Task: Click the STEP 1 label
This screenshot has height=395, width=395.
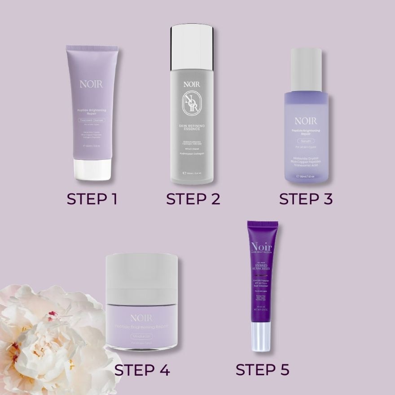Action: tap(92, 198)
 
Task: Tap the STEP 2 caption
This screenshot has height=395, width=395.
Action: tap(193, 198)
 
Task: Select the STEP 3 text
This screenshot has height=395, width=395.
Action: tap(306, 198)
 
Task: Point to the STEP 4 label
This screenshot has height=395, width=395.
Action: tap(142, 370)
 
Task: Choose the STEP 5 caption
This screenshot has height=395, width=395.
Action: tap(262, 369)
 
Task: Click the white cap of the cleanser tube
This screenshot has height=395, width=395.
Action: tap(92, 170)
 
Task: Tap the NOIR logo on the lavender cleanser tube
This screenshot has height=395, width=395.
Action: tap(92, 84)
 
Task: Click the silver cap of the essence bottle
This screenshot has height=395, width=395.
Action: tap(192, 47)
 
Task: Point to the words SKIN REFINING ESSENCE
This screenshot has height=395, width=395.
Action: tap(192, 127)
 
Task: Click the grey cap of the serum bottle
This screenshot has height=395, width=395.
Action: tap(306, 70)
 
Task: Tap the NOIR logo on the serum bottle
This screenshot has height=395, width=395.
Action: tap(306, 121)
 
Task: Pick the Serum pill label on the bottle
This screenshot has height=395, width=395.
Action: tap(306, 141)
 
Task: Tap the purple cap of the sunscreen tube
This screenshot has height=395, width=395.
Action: tap(263, 224)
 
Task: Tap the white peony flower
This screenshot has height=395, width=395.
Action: tap(49, 337)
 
